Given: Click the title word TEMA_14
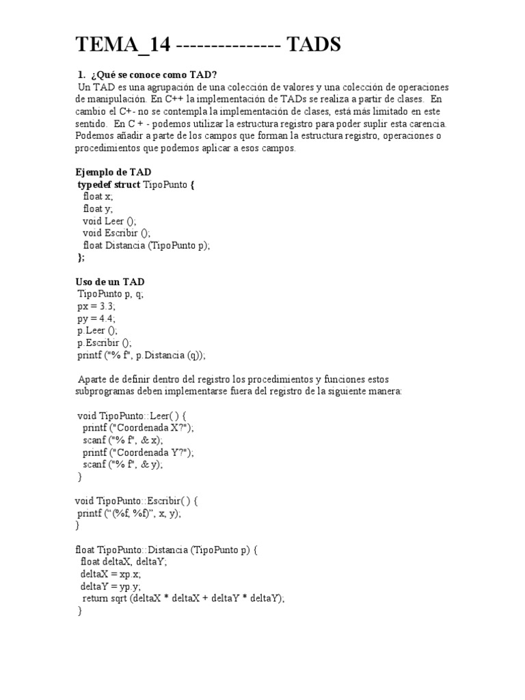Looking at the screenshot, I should pos(122,46).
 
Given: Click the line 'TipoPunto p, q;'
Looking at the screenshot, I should pos(110,294).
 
